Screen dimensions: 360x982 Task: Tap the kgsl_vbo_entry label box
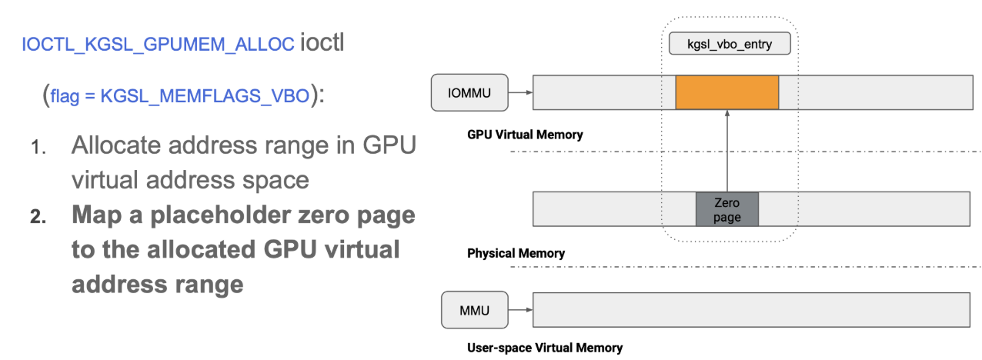point(729,45)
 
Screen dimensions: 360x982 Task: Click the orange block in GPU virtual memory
point(726,92)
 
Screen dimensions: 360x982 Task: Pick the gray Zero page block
point(726,209)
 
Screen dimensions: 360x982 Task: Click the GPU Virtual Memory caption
point(525,135)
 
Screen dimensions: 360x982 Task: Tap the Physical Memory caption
point(516,253)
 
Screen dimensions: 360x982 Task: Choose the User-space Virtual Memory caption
point(545,348)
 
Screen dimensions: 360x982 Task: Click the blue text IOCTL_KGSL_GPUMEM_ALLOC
point(159,45)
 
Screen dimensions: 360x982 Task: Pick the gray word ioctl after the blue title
point(322,42)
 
